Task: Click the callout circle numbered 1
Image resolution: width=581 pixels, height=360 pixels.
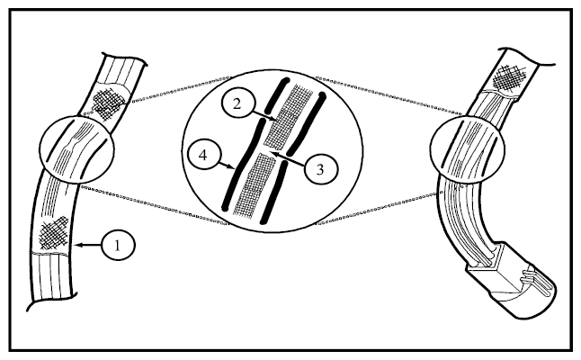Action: click(118, 245)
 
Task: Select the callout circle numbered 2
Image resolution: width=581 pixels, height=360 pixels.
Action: click(237, 104)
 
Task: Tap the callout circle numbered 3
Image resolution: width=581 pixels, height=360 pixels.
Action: click(320, 169)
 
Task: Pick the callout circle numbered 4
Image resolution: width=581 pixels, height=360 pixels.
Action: click(203, 156)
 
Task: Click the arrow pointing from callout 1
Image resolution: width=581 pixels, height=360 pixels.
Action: click(88, 245)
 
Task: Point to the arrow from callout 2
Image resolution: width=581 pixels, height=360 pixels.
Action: click(264, 114)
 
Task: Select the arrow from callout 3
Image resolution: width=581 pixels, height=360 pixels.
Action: click(288, 158)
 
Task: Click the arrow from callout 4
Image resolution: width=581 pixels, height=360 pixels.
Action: click(227, 166)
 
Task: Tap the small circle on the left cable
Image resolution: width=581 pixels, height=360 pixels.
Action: click(77, 149)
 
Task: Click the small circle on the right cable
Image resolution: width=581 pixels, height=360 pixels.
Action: click(468, 149)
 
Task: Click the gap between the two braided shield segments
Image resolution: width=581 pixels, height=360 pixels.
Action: click(270, 151)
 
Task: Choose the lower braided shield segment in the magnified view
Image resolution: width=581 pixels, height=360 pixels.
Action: click(255, 184)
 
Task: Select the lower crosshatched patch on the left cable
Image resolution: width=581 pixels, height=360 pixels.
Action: click(54, 233)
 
